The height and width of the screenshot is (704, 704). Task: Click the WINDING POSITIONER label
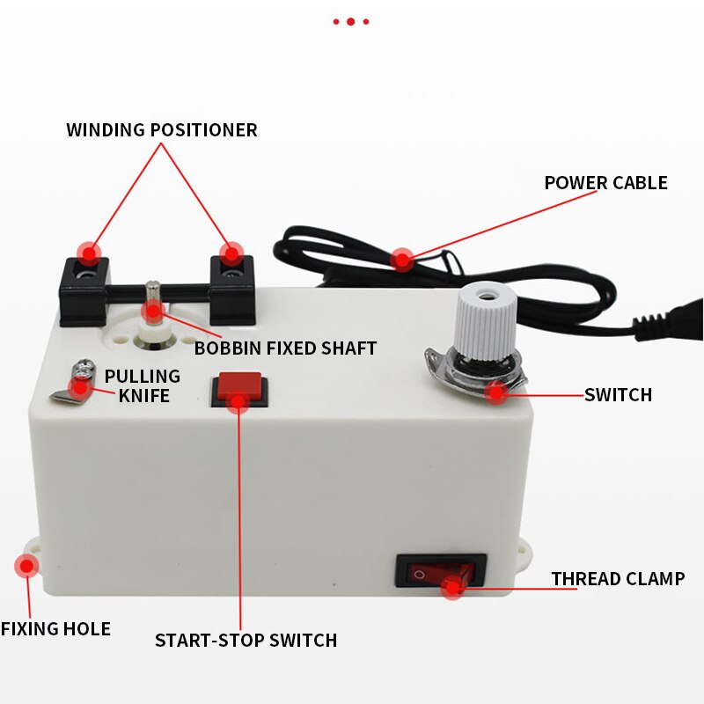coord(162,130)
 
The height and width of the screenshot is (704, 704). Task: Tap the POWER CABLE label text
coord(605,183)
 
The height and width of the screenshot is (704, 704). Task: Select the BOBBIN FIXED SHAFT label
coord(285,348)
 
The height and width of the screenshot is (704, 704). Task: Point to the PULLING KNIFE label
coord(142,385)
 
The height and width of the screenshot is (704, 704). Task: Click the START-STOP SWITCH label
coord(246,641)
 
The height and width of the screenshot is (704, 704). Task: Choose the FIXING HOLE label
coord(55,629)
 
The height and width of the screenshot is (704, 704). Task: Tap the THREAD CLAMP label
coord(618,579)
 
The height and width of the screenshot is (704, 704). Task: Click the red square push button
coord(238,386)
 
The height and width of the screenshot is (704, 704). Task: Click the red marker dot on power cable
coord(402,259)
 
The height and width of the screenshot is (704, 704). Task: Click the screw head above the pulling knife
coord(83,366)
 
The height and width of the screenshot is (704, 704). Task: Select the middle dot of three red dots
coord(350,21)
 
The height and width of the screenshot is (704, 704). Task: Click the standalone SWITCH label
coord(618,395)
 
